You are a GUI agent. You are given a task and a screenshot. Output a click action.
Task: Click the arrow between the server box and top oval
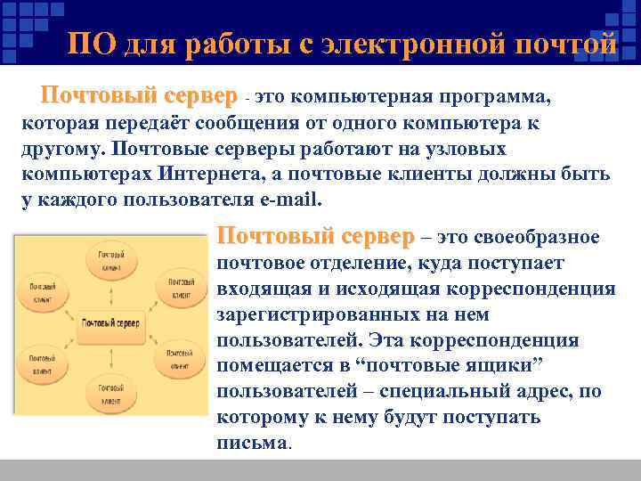[x=110, y=295]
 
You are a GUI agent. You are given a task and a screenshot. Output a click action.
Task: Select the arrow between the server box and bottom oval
[x=110, y=348]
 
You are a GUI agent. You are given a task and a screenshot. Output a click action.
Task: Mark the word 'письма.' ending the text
[x=253, y=443]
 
